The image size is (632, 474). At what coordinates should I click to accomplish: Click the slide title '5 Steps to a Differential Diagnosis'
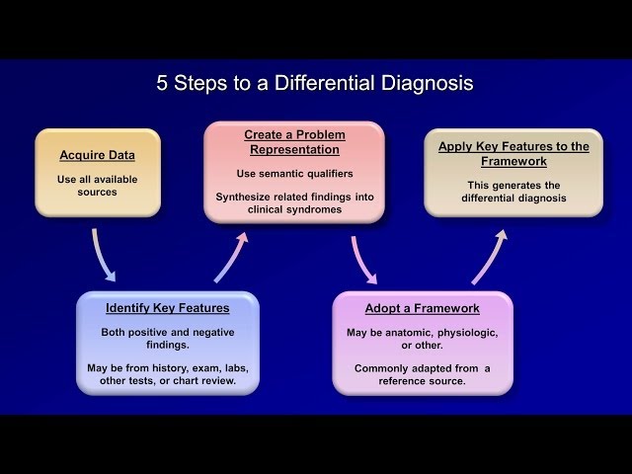pyautogui.click(x=315, y=83)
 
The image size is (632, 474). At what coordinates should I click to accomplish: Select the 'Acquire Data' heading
pyautogui.click(x=97, y=155)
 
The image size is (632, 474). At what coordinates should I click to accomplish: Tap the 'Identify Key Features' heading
pyautogui.click(x=167, y=308)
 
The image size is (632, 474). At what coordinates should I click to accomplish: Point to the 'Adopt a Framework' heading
pyautogui.click(x=423, y=308)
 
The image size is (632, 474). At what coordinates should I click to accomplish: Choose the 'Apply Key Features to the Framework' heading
pyautogui.click(x=513, y=153)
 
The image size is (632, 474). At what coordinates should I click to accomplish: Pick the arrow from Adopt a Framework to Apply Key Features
pyautogui.click(x=490, y=257)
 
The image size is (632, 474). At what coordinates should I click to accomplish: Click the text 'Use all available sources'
pyautogui.click(x=97, y=186)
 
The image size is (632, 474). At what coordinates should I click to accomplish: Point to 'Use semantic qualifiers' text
pyautogui.click(x=293, y=174)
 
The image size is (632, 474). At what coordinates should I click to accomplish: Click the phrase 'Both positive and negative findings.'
pyautogui.click(x=167, y=339)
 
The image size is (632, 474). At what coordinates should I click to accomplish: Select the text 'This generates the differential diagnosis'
pyautogui.click(x=513, y=191)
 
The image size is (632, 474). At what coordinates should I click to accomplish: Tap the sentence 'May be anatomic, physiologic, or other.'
pyautogui.click(x=423, y=339)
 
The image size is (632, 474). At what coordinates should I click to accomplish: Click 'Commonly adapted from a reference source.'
pyautogui.click(x=423, y=374)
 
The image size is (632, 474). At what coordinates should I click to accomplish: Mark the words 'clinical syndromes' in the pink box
pyautogui.click(x=294, y=209)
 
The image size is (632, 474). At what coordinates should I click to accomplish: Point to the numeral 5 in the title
pyautogui.click(x=162, y=83)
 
